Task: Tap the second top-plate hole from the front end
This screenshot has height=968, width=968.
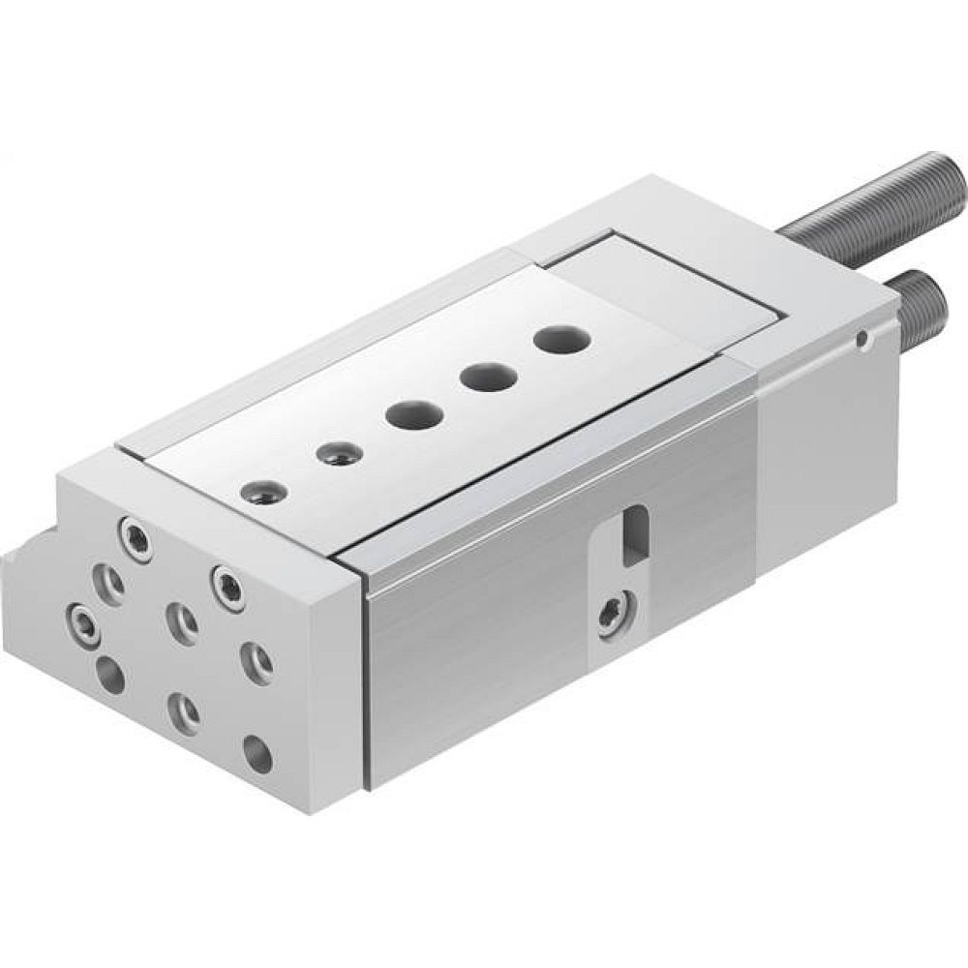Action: [x=336, y=452]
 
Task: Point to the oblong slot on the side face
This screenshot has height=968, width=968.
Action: [x=633, y=535]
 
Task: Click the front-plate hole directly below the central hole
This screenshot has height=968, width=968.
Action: [x=184, y=711]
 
